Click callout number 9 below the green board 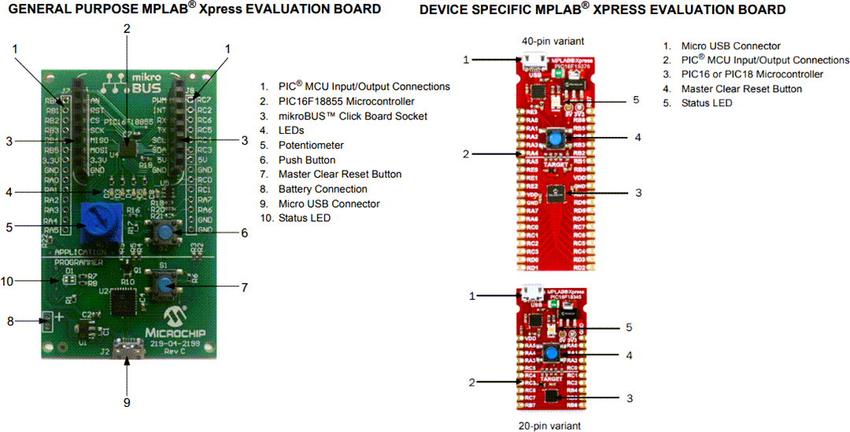(x=126, y=403)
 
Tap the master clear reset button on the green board (x=163, y=286)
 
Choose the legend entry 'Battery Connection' (x=323, y=189)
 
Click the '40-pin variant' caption (x=552, y=41)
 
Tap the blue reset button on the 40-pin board (x=556, y=138)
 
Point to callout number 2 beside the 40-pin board (x=466, y=154)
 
